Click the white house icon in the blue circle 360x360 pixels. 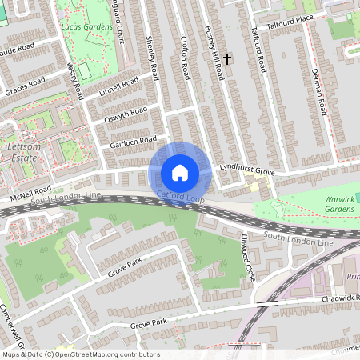click(180, 172)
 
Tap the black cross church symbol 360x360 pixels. click(227, 58)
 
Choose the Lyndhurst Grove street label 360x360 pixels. click(248, 172)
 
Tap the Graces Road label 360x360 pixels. click(24, 87)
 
